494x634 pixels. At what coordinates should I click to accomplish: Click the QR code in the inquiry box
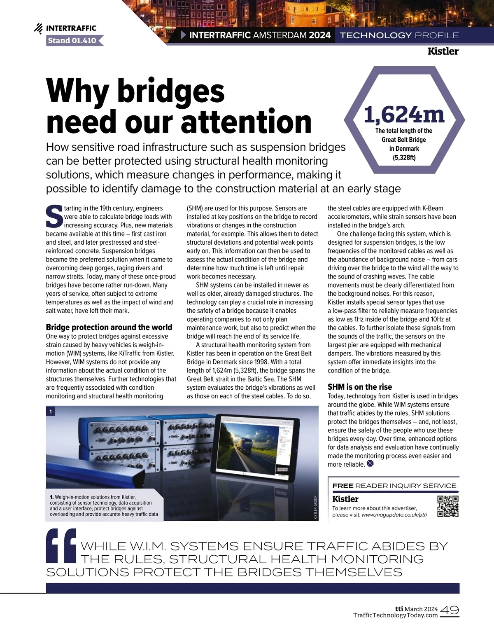pos(448,506)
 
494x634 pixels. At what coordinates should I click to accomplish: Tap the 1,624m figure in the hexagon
pos(404,115)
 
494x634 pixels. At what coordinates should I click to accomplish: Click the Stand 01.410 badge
pos(72,40)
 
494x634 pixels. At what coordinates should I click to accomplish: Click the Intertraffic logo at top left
pos(65,28)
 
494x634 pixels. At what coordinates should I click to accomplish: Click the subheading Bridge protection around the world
pos(109,327)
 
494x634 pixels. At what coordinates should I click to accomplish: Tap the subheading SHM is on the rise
pos(360,387)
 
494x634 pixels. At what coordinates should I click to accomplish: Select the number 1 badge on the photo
pos(51,411)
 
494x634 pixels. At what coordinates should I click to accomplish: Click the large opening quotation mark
pos(61,545)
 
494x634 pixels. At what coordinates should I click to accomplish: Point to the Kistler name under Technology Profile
pos(443,51)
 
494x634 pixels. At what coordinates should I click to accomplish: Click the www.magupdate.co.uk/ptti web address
pos(394,515)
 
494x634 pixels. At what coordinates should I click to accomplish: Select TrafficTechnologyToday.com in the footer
pos(395,615)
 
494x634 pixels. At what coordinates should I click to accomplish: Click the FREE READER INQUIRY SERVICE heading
pos(394,486)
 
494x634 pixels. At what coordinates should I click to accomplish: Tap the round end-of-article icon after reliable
pos(370,463)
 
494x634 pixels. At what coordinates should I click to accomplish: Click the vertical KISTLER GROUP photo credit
pos(316,507)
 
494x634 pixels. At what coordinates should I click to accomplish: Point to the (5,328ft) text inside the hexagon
pos(404,157)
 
